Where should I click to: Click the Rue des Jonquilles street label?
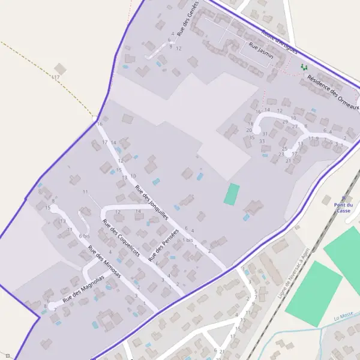[x=152, y=203]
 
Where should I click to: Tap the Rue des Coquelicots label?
[x=121, y=238]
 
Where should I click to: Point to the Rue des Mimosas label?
[x=104, y=262]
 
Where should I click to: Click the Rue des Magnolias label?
[x=83, y=289]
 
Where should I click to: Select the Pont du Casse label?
[x=343, y=208]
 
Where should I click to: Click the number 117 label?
[x=56, y=77]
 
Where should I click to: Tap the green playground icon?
[x=304, y=67]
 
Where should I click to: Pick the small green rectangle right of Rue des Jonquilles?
[x=232, y=194]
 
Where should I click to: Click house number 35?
[x=251, y=137]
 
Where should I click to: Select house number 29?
[x=285, y=121]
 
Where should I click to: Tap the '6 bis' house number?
[x=83, y=236]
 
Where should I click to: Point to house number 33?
[x=262, y=141]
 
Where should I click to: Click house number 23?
[x=281, y=154]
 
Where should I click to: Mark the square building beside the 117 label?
[x=59, y=68]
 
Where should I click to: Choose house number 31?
[x=265, y=133]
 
